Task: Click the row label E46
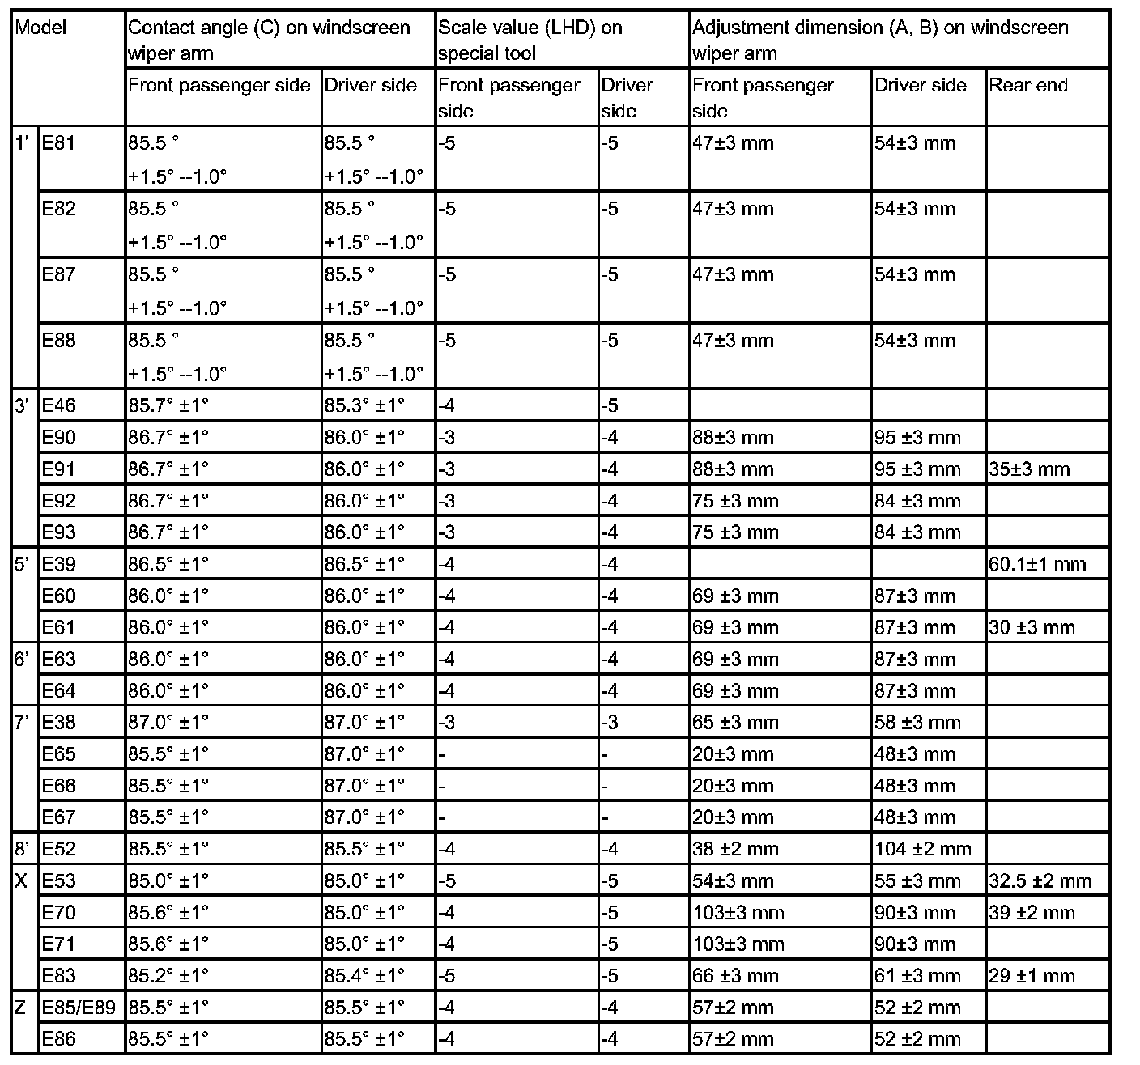[x=58, y=406]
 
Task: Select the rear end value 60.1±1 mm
[x=1037, y=564]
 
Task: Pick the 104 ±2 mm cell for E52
[x=923, y=849]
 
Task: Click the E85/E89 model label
[x=78, y=1008]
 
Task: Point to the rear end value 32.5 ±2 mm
[x=1040, y=880]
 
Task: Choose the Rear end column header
[x=1028, y=86]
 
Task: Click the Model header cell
[x=41, y=28]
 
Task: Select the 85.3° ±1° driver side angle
[x=364, y=406]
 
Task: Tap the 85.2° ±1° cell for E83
[x=168, y=976]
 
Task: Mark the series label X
[x=22, y=880]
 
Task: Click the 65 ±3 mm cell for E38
[x=735, y=722]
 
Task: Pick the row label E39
[x=58, y=564]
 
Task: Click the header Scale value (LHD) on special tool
[x=530, y=40]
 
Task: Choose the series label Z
[x=22, y=1008]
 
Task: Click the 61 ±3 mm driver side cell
[x=917, y=976]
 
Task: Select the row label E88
[x=58, y=341]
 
